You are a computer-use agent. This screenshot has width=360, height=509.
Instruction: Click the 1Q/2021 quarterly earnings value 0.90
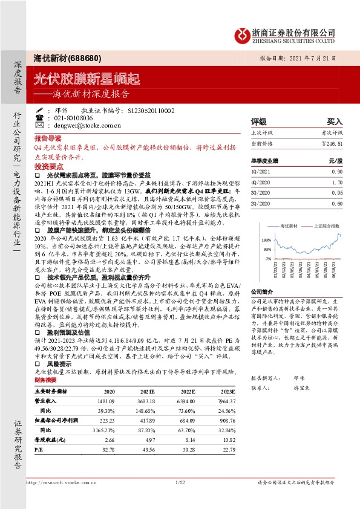[x=336, y=171]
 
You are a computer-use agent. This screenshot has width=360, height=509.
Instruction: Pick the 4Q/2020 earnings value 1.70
[x=336, y=181]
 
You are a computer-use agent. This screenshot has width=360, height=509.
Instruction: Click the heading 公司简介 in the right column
[x=263, y=291]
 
